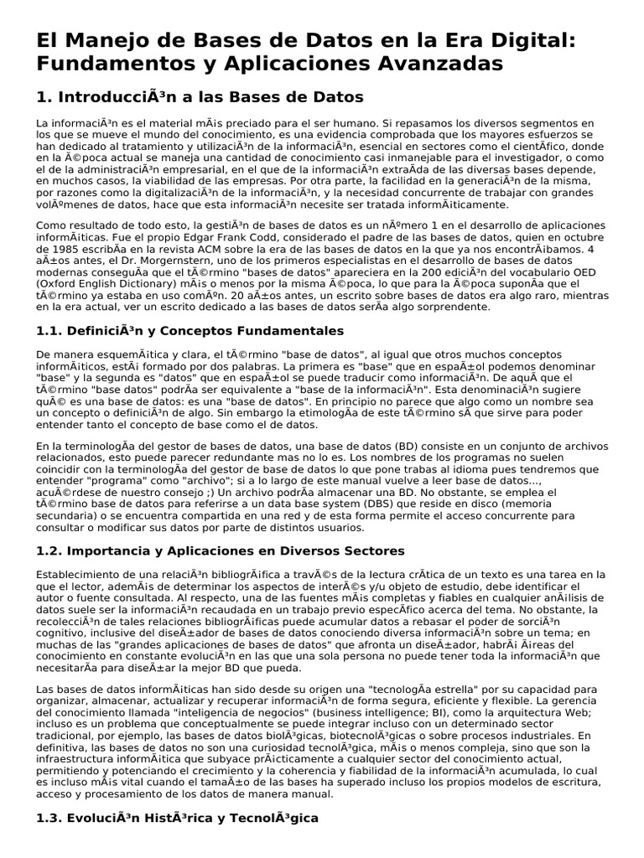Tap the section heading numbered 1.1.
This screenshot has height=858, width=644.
point(190,331)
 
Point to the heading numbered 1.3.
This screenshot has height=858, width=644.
point(178,816)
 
